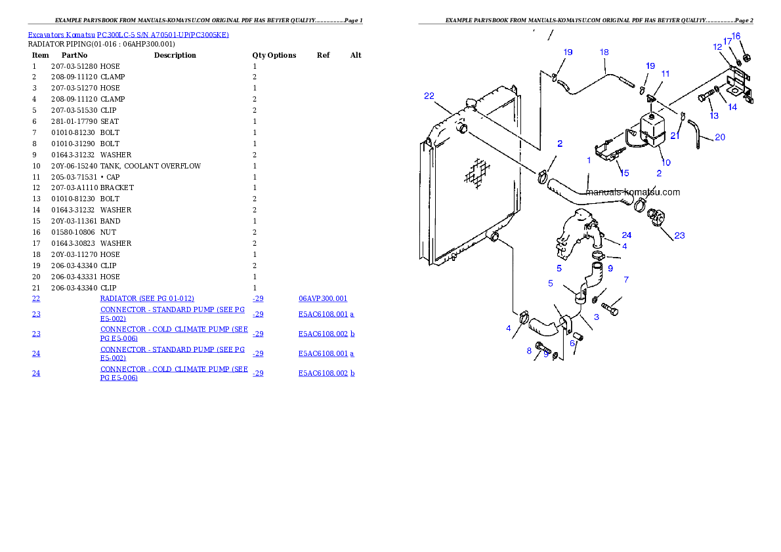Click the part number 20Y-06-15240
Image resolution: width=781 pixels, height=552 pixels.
coord(74,166)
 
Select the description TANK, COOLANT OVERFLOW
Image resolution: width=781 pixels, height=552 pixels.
coord(150,166)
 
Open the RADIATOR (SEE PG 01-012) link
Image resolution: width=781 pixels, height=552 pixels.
coord(147,299)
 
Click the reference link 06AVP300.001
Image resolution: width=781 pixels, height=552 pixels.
coord(323,299)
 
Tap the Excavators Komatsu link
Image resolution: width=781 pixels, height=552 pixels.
coord(61,35)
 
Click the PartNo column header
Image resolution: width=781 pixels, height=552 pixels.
coord(74,55)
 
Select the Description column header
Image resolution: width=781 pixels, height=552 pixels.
coord(175,55)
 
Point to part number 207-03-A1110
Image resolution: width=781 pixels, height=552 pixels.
coord(74,187)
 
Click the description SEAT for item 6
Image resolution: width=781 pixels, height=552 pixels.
coord(110,121)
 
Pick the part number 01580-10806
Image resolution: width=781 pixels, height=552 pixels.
coord(73,232)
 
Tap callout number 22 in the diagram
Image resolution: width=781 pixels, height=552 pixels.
coord(429,96)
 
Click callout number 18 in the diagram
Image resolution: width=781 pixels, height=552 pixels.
coord(604,52)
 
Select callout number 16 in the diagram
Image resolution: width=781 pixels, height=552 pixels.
coord(736,36)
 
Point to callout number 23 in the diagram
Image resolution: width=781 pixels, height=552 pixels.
coord(679,235)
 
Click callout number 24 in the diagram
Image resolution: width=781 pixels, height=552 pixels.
coord(627,235)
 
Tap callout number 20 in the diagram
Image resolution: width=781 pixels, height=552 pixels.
coord(720,137)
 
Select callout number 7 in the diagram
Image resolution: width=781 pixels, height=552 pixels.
coord(626,280)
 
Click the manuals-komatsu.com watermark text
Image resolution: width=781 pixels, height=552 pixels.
coord(633,192)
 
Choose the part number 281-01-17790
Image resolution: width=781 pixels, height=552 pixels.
coord(74,121)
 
